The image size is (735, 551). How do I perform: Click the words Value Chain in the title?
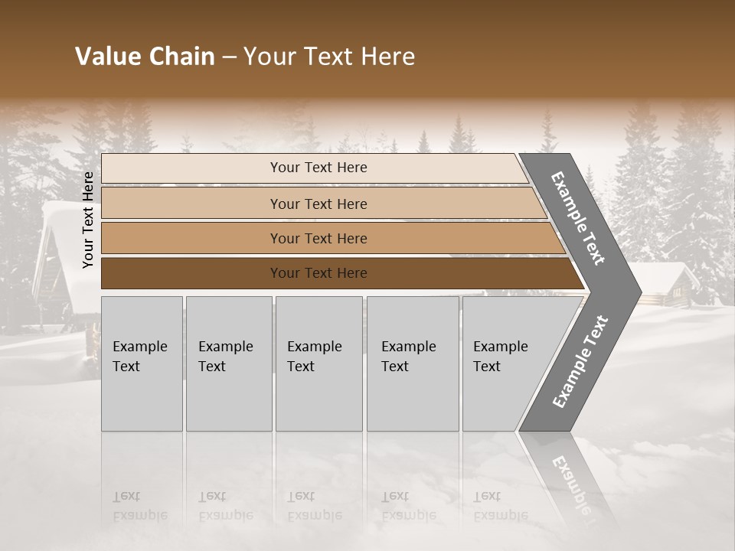pyautogui.click(x=145, y=57)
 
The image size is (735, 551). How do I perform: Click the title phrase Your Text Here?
pyautogui.click(x=329, y=57)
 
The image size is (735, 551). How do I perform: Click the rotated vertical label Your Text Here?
pyautogui.click(x=88, y=220)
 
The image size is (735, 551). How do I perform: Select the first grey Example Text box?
pyautogui.click(x=142, y=364)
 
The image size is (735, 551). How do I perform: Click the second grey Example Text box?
pyautogui.click(x=228, y=364)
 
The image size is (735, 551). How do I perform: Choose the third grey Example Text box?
pyautogui.click(x=317, y=364)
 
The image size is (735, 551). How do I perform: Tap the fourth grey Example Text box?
pyautogui.click(x=412, y=364)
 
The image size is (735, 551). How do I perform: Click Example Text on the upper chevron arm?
pyautogui.click(x=578, y=218)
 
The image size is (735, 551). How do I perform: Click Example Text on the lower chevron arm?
pyautogui.click(x=580, y=361)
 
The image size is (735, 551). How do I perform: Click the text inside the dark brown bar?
pyautogui.click(x=318, y=273)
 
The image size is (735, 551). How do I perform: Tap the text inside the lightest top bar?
pyautogui.click(x=318, y=168)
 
